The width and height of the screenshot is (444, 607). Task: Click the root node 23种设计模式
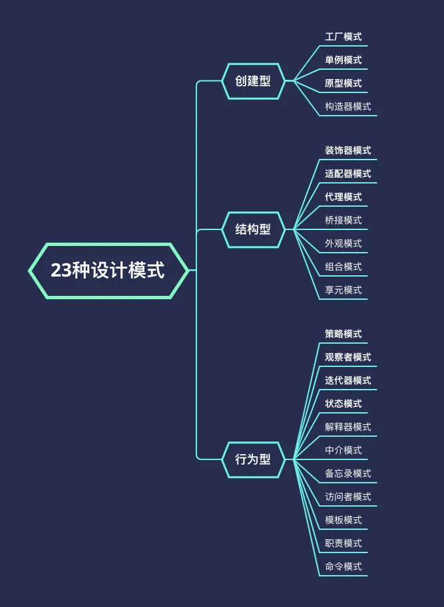(x=108, y=271)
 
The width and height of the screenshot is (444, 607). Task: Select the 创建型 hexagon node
(x=253, y=81)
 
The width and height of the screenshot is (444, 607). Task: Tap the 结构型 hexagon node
(x=253, y=230)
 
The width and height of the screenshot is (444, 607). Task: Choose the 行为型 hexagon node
(x=253, y=459)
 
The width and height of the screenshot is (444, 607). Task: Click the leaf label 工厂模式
(x=343, y=37)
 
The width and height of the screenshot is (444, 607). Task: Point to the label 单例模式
(x=343, y=61)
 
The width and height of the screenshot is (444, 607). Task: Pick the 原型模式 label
(x=343, y=84)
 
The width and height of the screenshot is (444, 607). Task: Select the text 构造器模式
(x=347, y=107)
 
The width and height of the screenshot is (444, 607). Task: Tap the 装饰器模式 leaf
(x=347, y=151)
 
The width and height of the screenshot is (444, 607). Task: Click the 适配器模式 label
(x=347, y=174)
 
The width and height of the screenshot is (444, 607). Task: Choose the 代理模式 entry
(x=343, y=197)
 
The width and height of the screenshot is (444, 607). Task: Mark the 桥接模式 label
(x=343, y=221)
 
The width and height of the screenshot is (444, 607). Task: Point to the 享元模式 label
(x=343, y=291)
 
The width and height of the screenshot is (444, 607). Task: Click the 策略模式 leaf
(x=343, y=334)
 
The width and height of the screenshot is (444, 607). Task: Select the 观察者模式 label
(x=347, y=358)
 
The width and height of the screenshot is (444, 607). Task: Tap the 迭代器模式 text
(x=347, y=381)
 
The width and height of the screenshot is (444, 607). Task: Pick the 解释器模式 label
(x=347, y=427)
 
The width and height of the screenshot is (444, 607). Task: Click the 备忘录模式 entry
(x=347, y=474)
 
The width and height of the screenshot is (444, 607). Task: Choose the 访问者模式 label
(x=347, y=497)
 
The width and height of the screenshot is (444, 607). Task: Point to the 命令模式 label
(x=343, y=567)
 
